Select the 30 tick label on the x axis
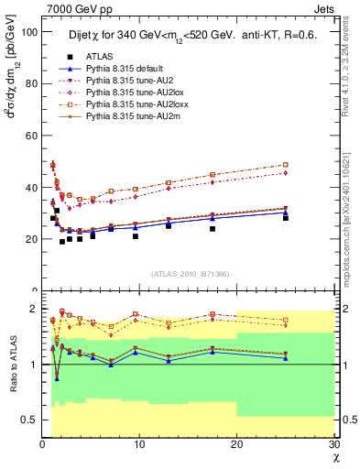pyautogui.click(x=333, y=445)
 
